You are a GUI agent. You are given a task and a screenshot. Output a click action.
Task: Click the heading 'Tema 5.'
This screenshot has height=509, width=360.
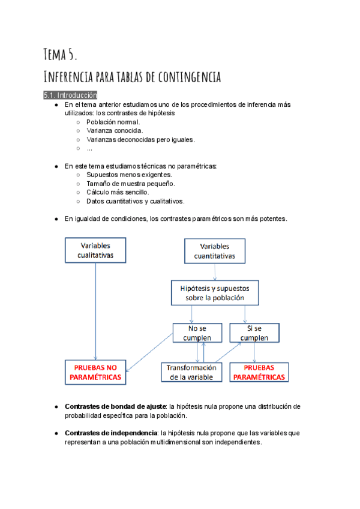click(60, 55)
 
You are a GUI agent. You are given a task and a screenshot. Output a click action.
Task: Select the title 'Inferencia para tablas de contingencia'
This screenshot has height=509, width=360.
click(133, 77)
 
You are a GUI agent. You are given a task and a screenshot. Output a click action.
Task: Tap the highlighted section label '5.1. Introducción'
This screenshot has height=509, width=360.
click(70, 95)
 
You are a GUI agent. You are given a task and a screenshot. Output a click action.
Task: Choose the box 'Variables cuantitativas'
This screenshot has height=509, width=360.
click(215, 251)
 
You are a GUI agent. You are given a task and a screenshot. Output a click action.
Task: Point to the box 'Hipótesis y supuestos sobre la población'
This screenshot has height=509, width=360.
click(215, 292)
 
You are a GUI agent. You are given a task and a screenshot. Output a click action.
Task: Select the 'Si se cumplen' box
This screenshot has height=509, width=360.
click(254, 333)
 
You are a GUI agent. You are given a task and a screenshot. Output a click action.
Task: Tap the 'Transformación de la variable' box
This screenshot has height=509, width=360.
click(191, 373)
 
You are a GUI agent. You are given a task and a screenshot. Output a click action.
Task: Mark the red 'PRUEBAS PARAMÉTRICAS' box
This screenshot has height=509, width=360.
click(259, 373)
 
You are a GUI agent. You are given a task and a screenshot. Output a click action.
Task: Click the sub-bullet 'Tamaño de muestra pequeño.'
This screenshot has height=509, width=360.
click(130, 184)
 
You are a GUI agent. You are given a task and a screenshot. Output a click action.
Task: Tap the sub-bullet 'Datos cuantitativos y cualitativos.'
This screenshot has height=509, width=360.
click(135, 201)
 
